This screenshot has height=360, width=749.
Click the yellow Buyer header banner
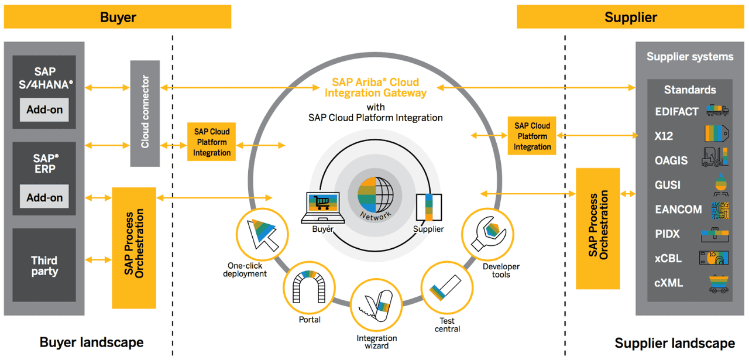[x=118, y=17]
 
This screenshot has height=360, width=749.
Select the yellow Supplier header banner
[x=631, y=17]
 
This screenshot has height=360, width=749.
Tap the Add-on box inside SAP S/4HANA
[x=44, y=109]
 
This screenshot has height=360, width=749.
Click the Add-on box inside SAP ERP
[x=44, y=197]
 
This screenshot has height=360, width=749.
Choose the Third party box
[x=44, y=266]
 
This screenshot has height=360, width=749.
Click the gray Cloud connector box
[x=145, y=112]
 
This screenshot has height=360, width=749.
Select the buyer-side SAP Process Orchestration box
[x=134, y=248]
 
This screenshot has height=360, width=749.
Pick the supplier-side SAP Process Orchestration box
[x=597, y=228]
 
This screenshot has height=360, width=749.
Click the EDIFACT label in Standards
[x=676, y=111]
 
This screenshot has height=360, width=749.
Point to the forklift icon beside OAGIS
[x=714, y=159]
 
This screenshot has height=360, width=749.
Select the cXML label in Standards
[x=669, y=283]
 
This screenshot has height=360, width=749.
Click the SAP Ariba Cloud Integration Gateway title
[x=375, y=87]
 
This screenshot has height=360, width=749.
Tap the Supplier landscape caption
[x=675, y=343]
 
